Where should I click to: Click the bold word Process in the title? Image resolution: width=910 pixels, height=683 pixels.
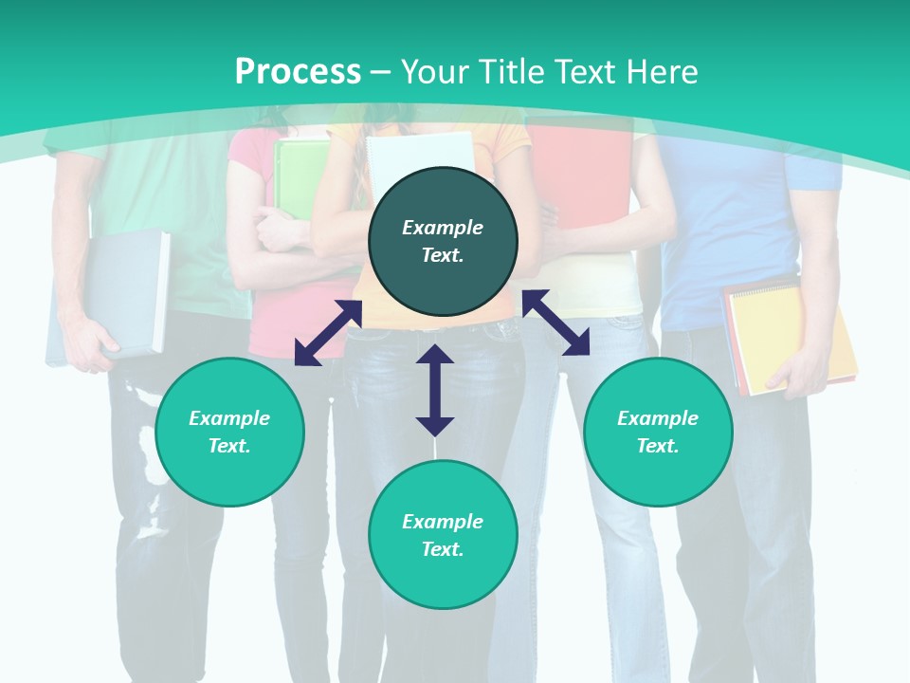[298, 72]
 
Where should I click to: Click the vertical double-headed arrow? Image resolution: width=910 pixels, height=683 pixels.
[435, 390]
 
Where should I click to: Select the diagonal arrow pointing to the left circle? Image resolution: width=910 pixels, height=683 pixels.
[328, 333]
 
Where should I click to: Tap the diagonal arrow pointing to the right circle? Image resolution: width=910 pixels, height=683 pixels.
[555, 323]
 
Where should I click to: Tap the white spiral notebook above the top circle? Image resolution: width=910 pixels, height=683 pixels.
[421, 152]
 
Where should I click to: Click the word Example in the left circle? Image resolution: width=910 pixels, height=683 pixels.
[229, 418]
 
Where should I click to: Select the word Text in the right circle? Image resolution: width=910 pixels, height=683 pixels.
[658, 446]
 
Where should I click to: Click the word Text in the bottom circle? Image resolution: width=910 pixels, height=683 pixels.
[443, 549]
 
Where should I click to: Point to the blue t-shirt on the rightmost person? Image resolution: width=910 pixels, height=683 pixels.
[730, 228]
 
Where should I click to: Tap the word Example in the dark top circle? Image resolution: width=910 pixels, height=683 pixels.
[443, 228]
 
